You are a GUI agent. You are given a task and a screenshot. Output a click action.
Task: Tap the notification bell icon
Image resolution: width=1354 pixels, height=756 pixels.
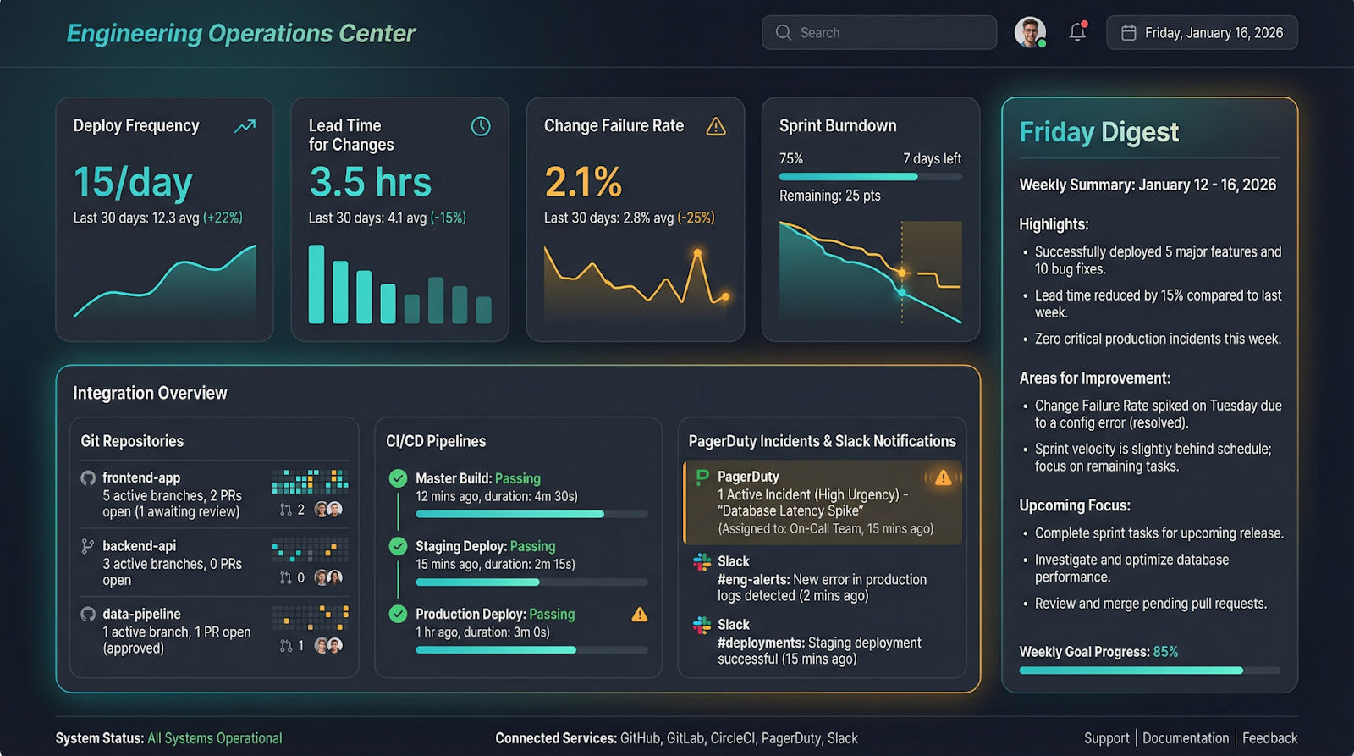1077,33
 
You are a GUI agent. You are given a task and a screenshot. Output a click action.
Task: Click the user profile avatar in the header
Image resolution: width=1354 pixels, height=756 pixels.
1030,33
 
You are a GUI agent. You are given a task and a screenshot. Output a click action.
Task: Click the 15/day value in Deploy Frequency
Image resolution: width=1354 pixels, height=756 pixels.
133,182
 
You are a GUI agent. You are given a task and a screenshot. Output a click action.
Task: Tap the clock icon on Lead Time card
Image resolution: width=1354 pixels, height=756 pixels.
481,126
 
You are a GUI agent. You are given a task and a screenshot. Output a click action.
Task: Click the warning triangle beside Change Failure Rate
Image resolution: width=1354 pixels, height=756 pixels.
716,126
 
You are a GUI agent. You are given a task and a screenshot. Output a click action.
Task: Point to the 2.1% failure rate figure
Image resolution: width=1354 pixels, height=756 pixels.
583,182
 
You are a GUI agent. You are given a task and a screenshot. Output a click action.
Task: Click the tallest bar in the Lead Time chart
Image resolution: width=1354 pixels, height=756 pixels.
316,284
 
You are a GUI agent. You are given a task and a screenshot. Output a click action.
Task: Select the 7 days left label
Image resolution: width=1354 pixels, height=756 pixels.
932,159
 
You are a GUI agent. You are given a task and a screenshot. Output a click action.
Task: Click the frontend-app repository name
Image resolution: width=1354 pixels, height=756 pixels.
141,478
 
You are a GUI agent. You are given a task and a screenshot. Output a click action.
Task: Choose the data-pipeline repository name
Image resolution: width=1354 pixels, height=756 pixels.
141,614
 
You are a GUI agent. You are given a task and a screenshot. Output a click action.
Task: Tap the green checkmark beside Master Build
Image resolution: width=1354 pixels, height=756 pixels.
398,478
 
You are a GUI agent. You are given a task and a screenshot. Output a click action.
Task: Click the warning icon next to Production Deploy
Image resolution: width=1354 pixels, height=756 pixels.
640,615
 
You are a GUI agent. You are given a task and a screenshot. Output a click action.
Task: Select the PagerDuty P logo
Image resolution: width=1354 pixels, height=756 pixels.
702,477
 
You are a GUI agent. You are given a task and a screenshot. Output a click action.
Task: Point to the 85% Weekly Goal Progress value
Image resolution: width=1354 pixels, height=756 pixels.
1165,652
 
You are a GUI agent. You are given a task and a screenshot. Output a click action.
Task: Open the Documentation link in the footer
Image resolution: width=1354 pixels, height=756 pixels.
1186,738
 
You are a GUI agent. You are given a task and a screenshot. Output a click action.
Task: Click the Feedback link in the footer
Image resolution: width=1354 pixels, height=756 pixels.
1269,738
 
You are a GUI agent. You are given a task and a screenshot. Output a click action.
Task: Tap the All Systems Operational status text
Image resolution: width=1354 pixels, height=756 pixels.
215,738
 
